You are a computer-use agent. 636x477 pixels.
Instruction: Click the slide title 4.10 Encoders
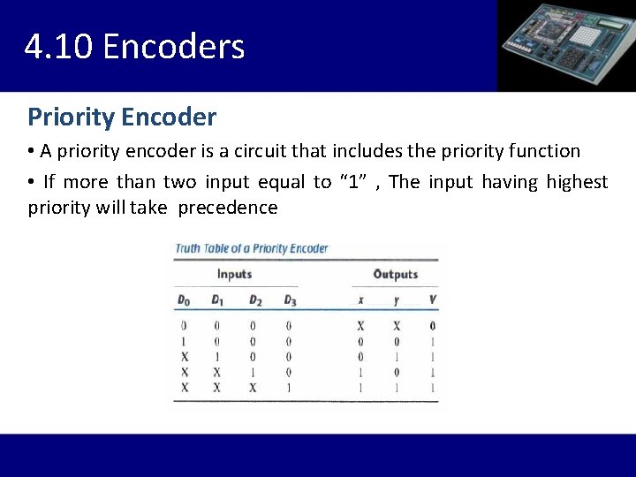tap(134, 47)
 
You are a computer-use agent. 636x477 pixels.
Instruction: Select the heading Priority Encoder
tap(122, 117)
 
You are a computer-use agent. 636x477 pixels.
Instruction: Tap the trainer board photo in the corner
tap(566, 45)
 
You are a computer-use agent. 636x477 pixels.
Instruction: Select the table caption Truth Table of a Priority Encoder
tap(252, 248)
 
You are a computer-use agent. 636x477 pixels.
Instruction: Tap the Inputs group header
tap(234, 275)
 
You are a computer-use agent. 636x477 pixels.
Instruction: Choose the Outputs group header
tap(395, 275)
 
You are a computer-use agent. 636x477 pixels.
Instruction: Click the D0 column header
tap(184, 300)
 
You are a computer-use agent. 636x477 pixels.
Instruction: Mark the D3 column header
tap(290, 300)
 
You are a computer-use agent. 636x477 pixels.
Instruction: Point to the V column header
tap(432, 300)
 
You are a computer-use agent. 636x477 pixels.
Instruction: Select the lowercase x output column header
tap(360, 300)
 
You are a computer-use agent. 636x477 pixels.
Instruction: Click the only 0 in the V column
tap(432, 326)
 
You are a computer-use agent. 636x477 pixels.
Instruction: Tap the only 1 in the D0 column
tap(184, 342)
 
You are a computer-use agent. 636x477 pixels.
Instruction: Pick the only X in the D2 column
tap(254, 388)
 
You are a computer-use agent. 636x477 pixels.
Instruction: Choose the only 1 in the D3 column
tap(289, 388)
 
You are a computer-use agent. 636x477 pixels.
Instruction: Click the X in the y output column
tap(396, 326)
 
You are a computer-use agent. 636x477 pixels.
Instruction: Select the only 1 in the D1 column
tap(217, 357)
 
